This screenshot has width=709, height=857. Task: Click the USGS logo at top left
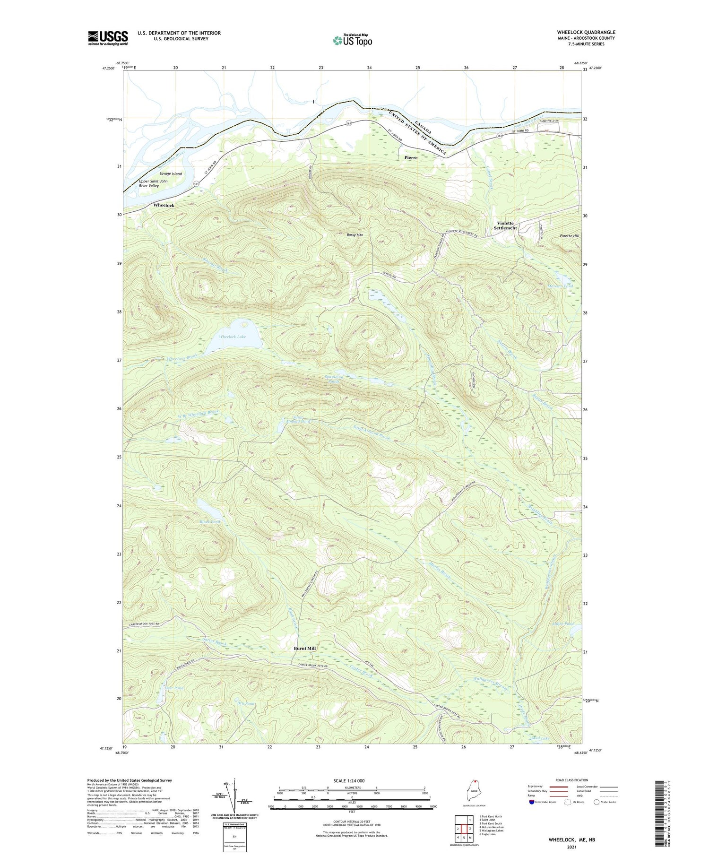pos(108,38)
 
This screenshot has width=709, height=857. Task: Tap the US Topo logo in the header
pos(352,40)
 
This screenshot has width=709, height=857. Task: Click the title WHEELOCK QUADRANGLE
pos(586,33)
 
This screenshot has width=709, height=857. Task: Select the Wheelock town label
pos(164,206)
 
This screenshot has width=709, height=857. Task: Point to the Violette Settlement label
pos(505,225)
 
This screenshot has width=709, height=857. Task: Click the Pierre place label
pos(411,158)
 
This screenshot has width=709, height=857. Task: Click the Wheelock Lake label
pos(232,337)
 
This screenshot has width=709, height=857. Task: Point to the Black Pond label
pos(210,522)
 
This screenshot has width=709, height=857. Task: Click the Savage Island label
pos(171,174)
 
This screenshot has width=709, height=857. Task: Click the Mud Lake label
pos(541,738)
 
